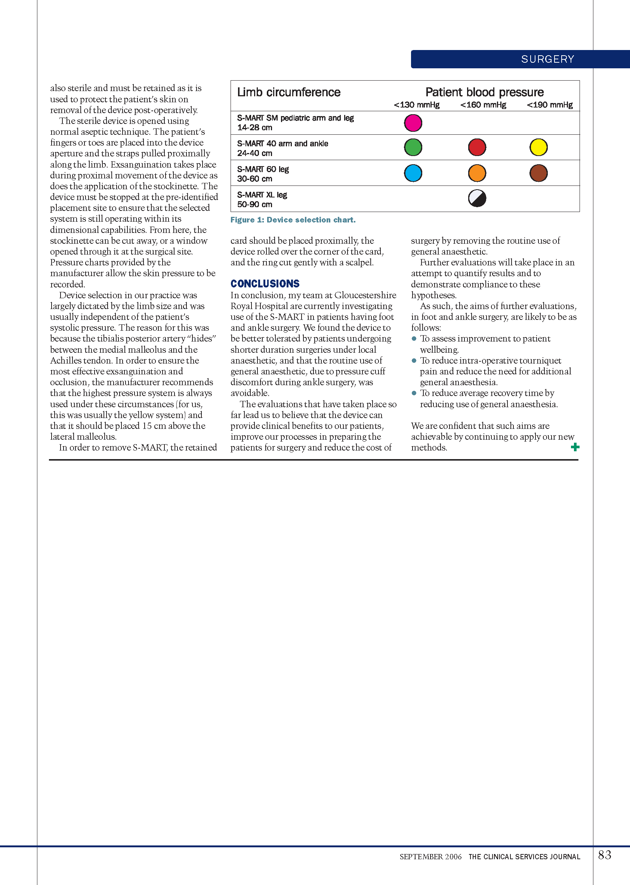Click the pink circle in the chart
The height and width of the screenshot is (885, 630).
point(413,123)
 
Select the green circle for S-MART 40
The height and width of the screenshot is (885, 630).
point(413,147)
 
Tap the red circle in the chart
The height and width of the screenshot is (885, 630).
point(477,147)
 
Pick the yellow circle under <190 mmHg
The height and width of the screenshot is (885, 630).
point(538,147)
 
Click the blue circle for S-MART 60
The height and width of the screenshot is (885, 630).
point(413,173)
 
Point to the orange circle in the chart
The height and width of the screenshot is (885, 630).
point(477,173)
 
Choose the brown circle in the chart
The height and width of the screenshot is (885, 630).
point(538,173)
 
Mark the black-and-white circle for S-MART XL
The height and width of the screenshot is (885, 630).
point(477,199)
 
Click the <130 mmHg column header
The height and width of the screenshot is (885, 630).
point(417,105)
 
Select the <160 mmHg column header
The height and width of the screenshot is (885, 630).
point(483,105)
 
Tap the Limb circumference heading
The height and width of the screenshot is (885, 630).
point(288,92)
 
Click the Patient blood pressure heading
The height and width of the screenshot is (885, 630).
point(484,92)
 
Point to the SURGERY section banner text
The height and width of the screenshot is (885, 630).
point(547,59)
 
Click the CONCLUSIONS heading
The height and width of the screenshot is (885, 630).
point(265,284)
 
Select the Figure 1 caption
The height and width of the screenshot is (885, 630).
point(293,220)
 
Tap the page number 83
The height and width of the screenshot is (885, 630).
point(604,855)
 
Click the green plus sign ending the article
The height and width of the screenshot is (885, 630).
point(575,447)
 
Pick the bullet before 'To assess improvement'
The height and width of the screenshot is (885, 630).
point(414,339)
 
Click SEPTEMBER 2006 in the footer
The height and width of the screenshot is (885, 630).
point(430,857)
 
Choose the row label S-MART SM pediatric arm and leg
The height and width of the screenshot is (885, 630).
point(295,118)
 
